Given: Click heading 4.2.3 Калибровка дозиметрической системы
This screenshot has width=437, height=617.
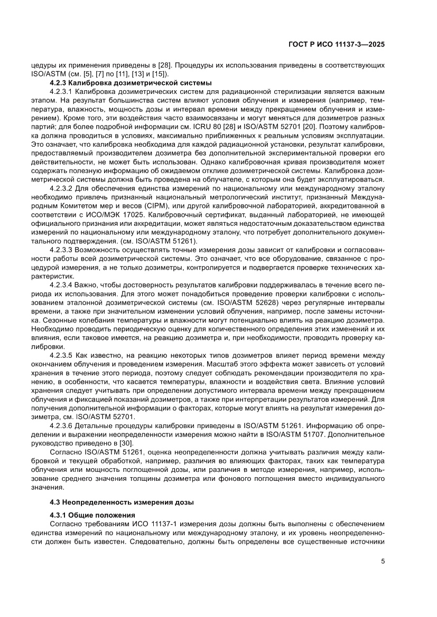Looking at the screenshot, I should tap(131, 83).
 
